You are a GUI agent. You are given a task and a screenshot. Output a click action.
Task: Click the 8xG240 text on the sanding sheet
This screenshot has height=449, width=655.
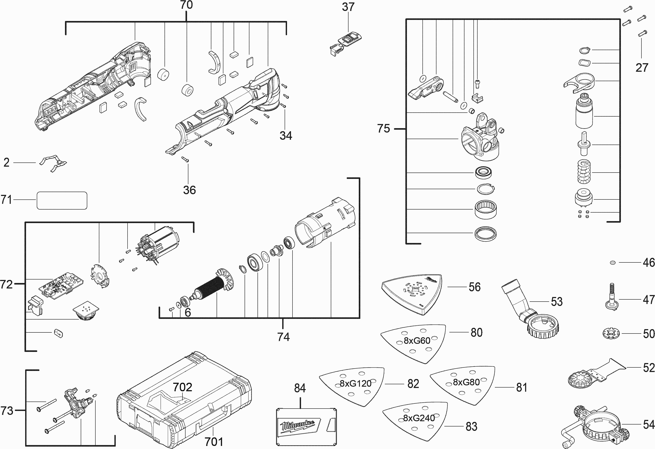tap(419, 418)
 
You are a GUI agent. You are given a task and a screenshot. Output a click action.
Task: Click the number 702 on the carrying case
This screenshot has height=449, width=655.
tap(182, 387)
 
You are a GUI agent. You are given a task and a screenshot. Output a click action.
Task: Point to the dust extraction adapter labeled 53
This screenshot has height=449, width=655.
tap(530, 313)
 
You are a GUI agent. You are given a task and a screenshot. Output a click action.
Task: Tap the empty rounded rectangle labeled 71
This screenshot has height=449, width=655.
tap(62, 201)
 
